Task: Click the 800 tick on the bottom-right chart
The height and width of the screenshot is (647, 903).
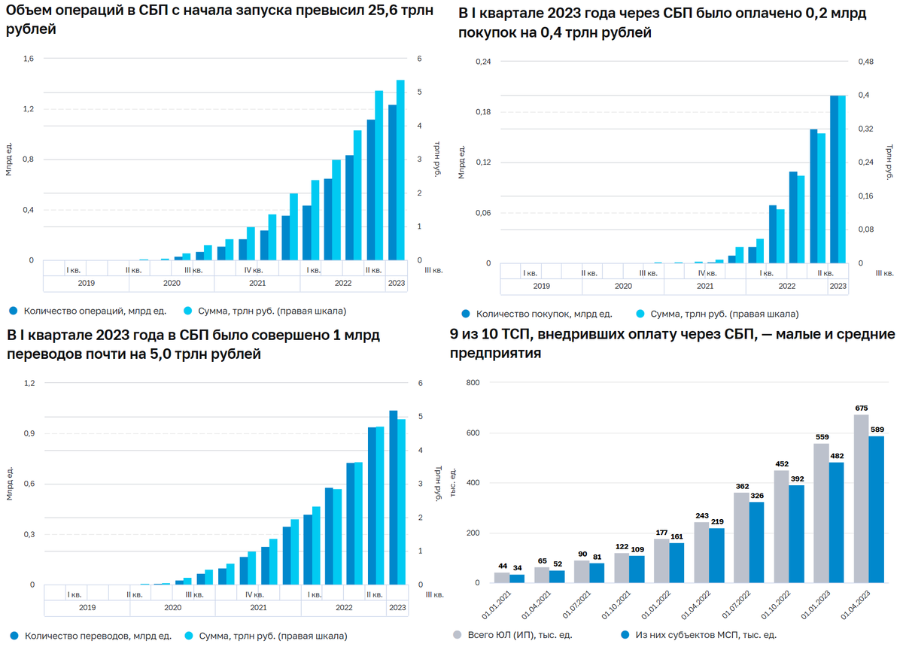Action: click(x=472, y=383)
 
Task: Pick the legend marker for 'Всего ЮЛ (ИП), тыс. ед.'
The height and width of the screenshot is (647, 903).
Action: click(x=457, y=635)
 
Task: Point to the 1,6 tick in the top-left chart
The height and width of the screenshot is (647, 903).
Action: click(x=29, y=59)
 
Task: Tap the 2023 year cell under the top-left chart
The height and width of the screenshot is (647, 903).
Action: click(x=396, y=283)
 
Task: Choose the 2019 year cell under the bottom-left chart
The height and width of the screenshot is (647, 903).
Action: click(x=87, y=607)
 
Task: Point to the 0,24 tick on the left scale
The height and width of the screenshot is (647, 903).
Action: click(x=482, y=62)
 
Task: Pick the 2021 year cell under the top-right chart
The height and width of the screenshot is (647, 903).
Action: click(x=705, y=286)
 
